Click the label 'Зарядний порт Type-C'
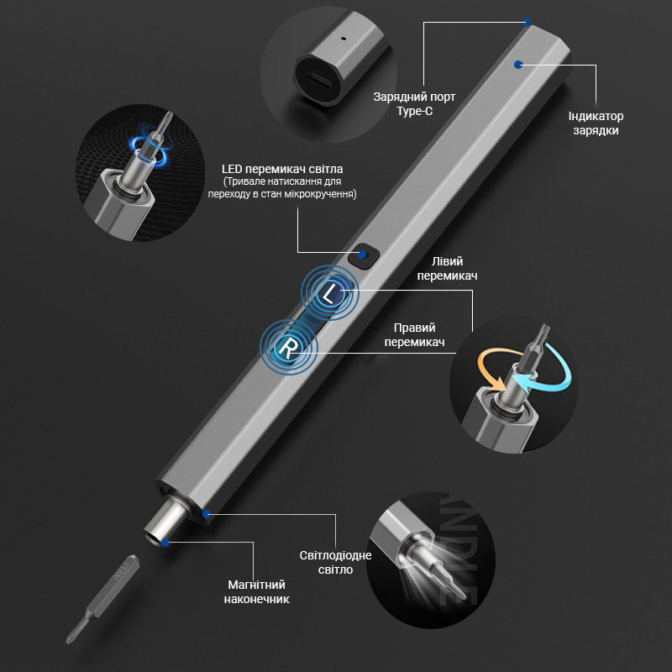coord(414,103)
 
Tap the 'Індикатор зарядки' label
coord(596,123)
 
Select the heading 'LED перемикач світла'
coord(282,169)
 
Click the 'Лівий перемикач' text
coord(447,268)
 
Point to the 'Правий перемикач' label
coord(414,334)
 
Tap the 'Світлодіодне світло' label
coord(335,562)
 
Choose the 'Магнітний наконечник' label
coord(256,592)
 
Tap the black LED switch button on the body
coord(364,255)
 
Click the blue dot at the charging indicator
coord(518,65)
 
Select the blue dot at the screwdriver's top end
coord(528,22)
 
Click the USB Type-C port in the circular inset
coord(318,79)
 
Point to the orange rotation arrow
coord(493,369)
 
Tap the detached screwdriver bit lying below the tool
coord(102,599)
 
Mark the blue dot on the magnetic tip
coord(165,543)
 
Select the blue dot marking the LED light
coord(207,513)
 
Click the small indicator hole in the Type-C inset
coord(343,38)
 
